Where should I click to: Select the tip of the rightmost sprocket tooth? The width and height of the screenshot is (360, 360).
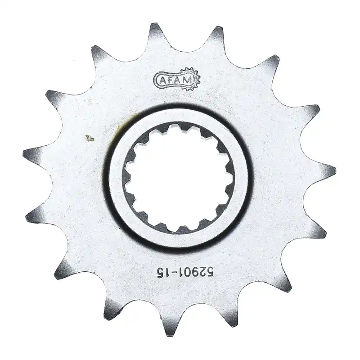(x=334, y=170)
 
